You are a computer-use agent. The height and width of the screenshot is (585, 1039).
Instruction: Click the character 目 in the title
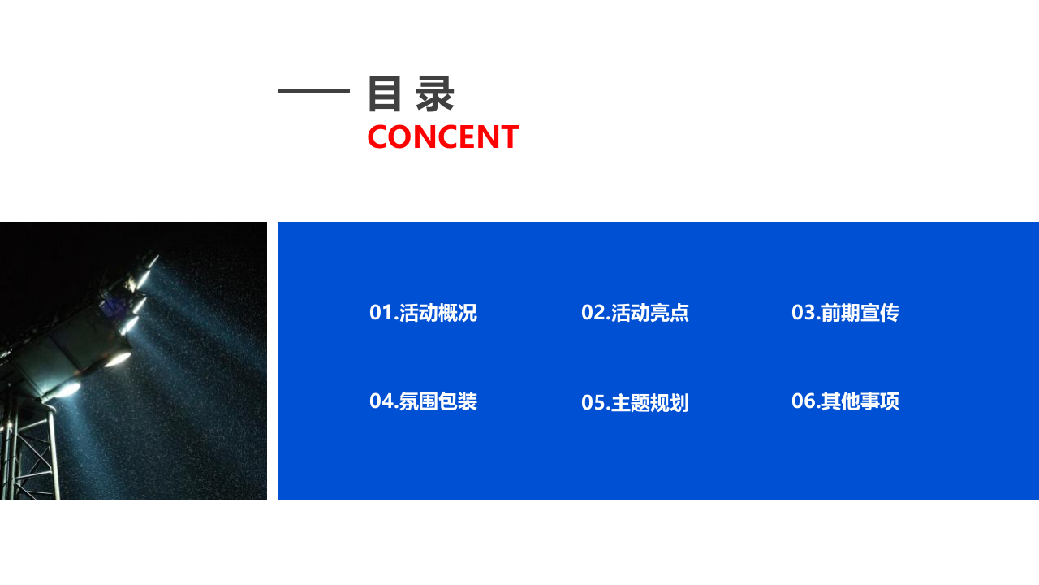click(385, 93)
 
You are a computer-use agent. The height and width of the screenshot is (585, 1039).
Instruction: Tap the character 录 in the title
click(435, 93)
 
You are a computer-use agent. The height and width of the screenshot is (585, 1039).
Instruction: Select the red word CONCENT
click(442, 136)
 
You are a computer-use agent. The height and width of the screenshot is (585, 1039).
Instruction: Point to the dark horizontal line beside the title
click(313, 91)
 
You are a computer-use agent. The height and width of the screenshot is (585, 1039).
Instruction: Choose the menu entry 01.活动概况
click(423, 313)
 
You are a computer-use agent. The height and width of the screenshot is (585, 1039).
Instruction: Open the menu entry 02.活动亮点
click(635, 313)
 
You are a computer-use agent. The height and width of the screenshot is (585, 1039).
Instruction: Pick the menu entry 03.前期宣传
click(845, 313)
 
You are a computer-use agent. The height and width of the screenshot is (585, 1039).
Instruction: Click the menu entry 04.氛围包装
click(423, 401)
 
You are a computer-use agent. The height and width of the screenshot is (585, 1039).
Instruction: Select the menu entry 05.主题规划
click(635, 403)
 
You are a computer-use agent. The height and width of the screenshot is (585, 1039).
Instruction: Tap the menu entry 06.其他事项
click(845, 401)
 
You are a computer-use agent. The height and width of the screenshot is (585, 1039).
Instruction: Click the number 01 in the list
click(381, 313)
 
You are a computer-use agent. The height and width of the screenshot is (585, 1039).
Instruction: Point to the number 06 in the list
click(803, 401)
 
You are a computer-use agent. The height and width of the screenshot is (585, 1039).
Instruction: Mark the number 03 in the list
click(803, 313)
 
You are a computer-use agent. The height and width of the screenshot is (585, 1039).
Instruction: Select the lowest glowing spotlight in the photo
click(67, 389)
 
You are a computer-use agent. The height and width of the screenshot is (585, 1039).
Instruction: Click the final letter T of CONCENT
click(509, 136)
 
